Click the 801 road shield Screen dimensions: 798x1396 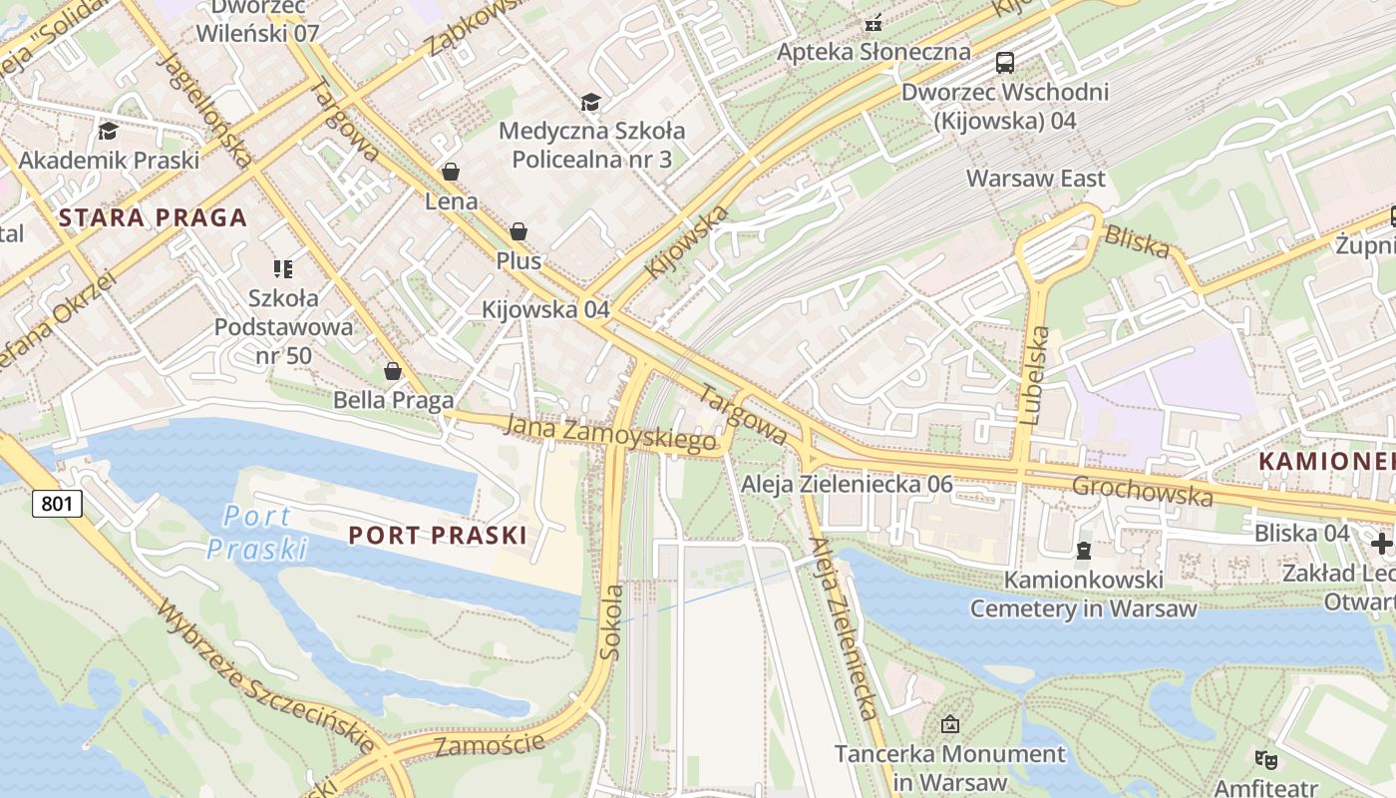coord(57,504)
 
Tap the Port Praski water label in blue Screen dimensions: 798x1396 coord(257,532)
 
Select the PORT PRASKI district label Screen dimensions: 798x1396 coord(437,536)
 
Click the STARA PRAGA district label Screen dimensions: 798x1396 coord(152,218)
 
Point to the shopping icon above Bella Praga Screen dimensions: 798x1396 coord(393,371)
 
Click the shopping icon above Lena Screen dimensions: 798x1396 coord(451,172)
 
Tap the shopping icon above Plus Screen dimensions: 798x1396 coord(519,231)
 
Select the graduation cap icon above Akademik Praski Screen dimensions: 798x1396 coord(108,131)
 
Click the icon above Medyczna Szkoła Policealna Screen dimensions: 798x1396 coord(591,102)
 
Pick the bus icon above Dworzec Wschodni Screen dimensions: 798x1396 coord(1005,63)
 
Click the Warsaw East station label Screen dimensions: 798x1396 coord(1036,179)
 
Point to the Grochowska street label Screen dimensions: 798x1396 coord(1143,491)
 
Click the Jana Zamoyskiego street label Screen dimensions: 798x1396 coord(610,433)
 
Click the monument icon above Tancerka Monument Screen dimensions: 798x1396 coord(949,724)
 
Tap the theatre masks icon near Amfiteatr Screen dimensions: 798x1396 coord(1266,760)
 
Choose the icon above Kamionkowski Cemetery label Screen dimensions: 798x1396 coord(1083,550)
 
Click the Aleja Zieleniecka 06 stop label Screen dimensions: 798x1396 coord(846,485)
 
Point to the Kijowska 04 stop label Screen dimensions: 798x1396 coord(544,309)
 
